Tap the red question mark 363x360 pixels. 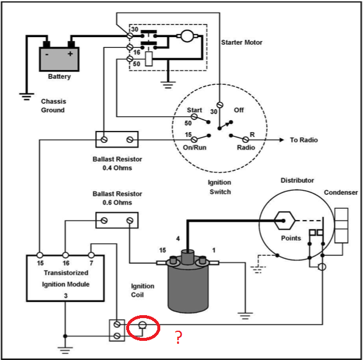tap(178, 338)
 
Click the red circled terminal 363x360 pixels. tap(144, 328)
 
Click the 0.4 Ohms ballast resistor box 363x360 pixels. tap(117, 139)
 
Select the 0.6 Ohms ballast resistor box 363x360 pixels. tap(117, 221)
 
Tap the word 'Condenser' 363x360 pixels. tap(340, 193)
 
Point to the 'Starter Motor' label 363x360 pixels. tap(242, 42)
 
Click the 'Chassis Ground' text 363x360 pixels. tap(53, 105)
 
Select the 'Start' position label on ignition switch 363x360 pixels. tap(194, 110)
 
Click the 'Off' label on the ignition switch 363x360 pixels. tap(239, 110)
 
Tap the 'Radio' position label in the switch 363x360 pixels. tap(246, 147)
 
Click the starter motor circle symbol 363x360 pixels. tap(187, 37)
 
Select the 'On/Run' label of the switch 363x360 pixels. tap(194, 147)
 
